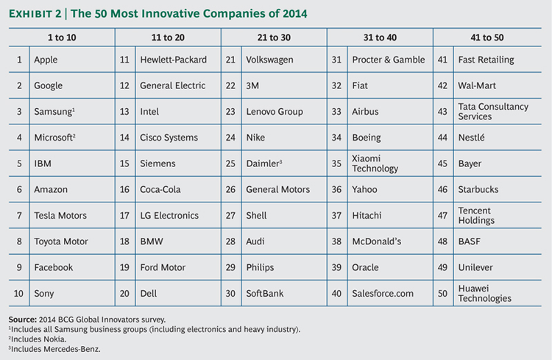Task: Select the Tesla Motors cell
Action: point(60,216)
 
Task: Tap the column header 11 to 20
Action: point(168,37)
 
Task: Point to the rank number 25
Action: point(230,163)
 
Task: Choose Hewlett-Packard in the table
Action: point(173,60)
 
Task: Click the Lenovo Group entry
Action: point(275,112)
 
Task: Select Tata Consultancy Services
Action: point(493,112)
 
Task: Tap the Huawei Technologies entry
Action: point(484,294)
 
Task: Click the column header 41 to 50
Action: point(486,37)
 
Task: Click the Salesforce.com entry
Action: point(383,294)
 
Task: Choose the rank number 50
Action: point(443,294)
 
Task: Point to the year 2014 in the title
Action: point(294,13)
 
